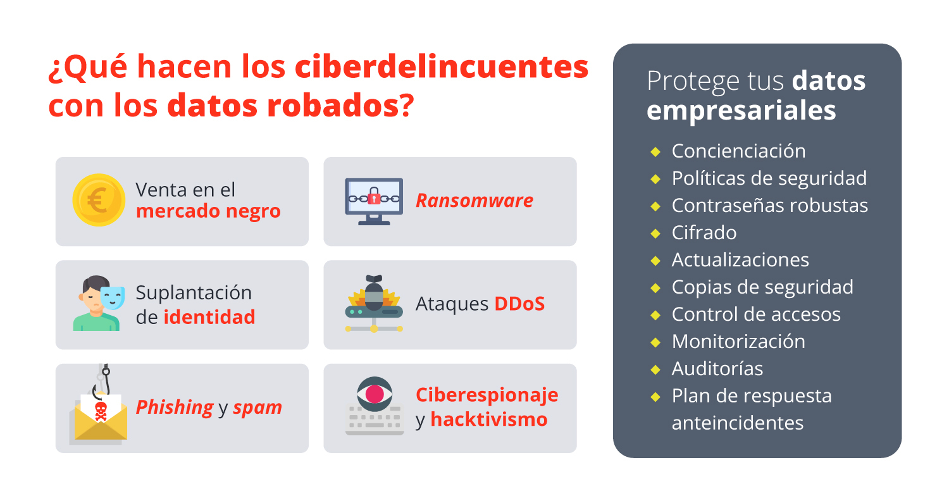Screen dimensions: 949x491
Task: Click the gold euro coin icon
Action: click(99, 200)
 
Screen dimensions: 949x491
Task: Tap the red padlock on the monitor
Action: click(374, 198)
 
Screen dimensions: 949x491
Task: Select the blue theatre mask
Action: click(112, 297)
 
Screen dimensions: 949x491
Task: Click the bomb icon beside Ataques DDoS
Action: click(374, 293)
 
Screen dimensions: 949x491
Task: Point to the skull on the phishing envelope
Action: click(101, 411)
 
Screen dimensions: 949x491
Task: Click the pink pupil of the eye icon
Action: click(375, 394)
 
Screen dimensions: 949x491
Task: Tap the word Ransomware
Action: click(474, 201)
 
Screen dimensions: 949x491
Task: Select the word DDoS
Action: click(519, 304)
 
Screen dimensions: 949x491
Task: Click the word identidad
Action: click(209, 317)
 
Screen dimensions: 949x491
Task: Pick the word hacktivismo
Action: click(489, 420)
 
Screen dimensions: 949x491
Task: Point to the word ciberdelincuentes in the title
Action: click(442, 67)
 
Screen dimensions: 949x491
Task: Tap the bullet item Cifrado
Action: click(704, 233)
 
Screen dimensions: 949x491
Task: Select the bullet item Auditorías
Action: click(717, 369)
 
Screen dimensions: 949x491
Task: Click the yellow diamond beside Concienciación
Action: click(655, 152)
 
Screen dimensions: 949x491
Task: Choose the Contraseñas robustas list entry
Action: click(770, 206)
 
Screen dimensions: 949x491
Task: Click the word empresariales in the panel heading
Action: click(741, 111)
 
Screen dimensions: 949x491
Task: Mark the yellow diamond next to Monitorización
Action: click(655, 342)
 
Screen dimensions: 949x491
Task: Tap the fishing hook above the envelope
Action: click(102, 382)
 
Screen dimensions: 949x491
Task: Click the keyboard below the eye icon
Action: click(375, 420)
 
